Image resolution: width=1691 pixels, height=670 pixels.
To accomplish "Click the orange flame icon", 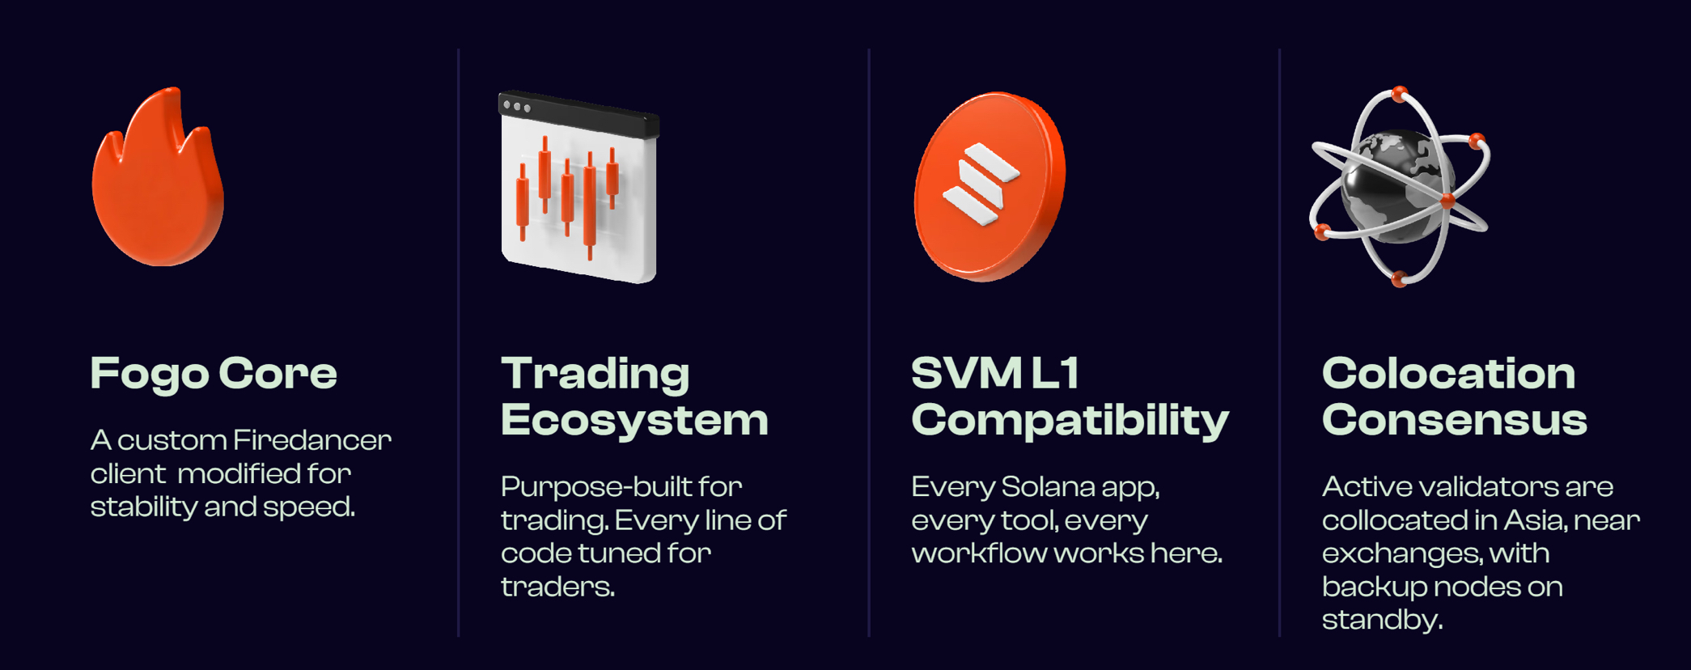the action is pos(158,182).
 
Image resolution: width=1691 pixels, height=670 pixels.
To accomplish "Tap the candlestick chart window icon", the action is pos(578,187).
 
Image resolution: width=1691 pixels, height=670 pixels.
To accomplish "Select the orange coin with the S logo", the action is pos(989,187).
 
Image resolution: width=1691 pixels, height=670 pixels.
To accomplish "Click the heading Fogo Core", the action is pos(214,374).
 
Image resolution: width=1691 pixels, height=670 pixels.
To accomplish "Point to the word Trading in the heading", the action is pos(595,374).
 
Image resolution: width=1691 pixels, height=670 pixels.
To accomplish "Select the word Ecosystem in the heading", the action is pos(634,420).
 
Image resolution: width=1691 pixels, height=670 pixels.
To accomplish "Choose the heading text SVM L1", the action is pos(995,373).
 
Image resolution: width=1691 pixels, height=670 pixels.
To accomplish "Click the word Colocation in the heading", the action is pos(1448,373).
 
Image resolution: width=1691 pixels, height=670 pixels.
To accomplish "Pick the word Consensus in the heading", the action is pos(1454,420).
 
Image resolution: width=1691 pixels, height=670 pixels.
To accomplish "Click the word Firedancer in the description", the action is pos(312,440).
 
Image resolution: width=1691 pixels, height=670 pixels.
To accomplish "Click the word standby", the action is pos(1382,621).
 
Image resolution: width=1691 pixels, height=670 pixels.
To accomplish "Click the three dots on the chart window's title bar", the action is pos(517,107).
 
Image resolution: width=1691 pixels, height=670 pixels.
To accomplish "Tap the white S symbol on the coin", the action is pos(981,185).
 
